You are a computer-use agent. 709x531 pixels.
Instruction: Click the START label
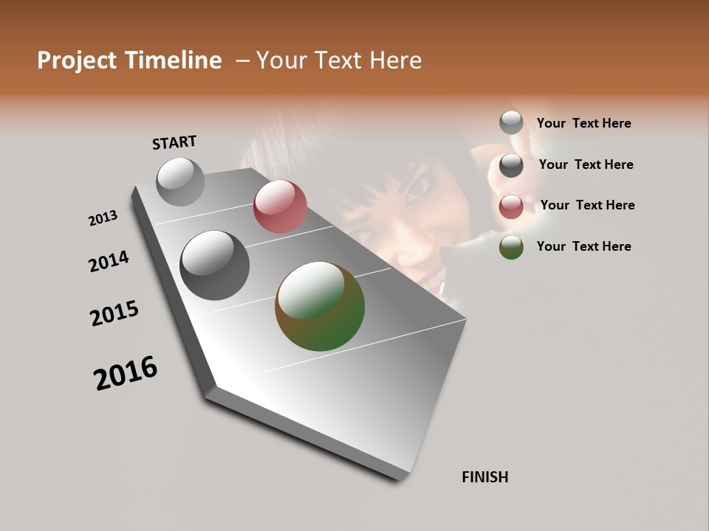tap(174, 142)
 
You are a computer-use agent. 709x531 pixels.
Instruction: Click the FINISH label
tap(484, 477)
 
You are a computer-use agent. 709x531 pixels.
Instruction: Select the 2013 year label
tap(103, 218)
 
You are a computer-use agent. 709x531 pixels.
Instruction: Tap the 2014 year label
tap(109, 261)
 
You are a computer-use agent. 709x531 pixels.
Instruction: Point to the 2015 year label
tap(114, 313)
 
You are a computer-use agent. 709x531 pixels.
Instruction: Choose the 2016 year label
tap(126, 373)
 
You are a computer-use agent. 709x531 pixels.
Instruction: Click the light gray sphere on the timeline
tap(181, 181)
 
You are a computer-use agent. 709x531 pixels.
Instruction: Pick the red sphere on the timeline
tap(280, 206)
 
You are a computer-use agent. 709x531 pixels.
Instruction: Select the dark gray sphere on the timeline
tap(215, 265)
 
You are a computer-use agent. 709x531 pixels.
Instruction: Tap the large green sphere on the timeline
tap(320, 306)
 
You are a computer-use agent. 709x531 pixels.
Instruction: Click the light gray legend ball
tap(511, 122)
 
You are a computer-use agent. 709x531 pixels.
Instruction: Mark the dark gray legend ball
tap(511, 165)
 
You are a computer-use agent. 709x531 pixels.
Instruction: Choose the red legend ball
tap(511, 207)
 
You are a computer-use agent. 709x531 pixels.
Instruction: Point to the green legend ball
tap(511, 247)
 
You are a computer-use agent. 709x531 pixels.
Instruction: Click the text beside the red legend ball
tap(587, 205)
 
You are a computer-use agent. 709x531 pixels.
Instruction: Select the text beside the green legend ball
tap(583, 246)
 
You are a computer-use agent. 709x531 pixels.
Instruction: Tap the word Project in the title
tap(77, 60)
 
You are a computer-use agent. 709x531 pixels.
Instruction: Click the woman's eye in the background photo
tap(419, 184)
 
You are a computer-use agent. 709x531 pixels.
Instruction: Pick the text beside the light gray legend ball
tap(583, 123)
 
